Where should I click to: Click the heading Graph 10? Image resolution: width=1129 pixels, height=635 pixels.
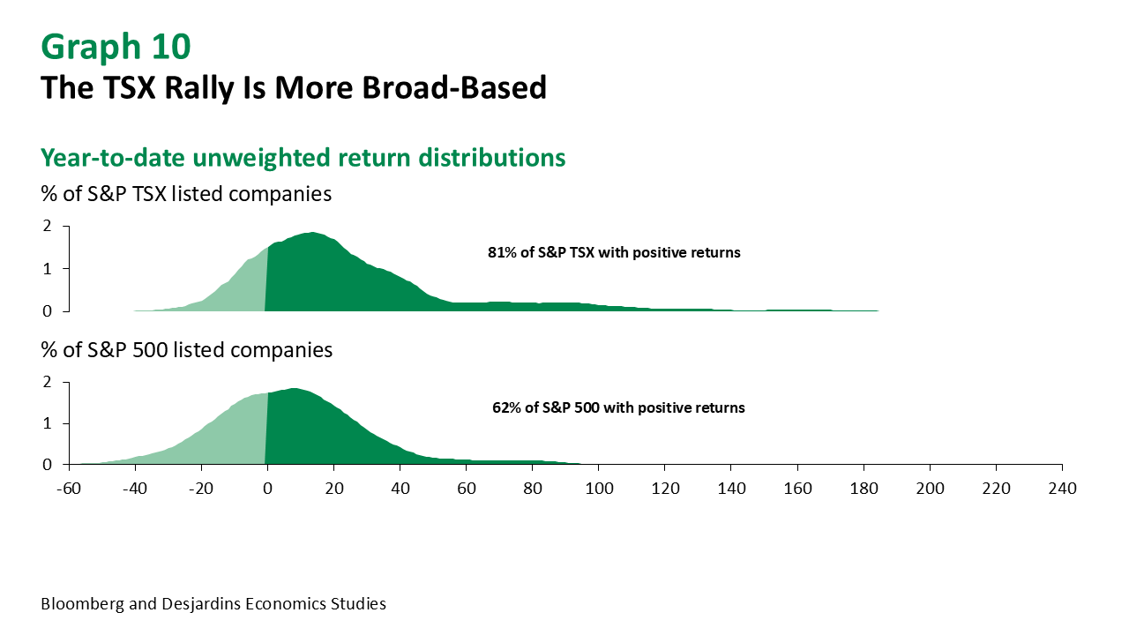[x=116, y=47]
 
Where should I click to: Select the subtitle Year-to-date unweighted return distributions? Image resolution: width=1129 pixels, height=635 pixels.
[x=303, y=158]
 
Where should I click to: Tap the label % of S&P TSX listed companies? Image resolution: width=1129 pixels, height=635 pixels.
[x=186, y=194]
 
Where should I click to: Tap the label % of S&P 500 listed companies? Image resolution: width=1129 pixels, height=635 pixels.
[x=186, y=350]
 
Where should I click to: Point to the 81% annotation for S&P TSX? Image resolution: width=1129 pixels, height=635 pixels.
[x=614, y=252]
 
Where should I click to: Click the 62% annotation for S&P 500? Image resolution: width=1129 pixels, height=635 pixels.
[x=618, y=408]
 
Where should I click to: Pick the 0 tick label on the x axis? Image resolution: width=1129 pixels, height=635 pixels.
[x=267, y=488]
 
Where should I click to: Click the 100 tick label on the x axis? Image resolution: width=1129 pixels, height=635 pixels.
[x=599, y=488]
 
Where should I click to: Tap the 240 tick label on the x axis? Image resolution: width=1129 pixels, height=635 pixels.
[x=1062, y=488]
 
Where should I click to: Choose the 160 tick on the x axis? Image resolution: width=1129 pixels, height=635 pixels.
[x=797, y=488]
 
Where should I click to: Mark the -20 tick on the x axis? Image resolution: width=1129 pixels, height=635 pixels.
[x=200, y=488]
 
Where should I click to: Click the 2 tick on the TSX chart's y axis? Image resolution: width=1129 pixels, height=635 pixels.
[x=46, y=227]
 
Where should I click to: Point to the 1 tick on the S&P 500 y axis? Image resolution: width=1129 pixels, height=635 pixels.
[x=46, y=423]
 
